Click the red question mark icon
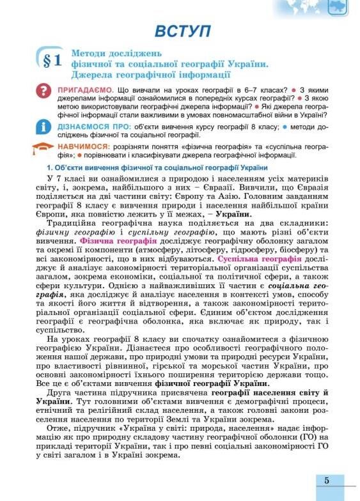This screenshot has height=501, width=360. [x=43, y=90]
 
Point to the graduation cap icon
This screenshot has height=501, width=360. [x=43, y=148]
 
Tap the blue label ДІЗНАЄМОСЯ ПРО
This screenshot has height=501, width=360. [x=86, y=127]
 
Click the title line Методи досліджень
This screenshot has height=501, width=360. [x=117, y=52]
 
